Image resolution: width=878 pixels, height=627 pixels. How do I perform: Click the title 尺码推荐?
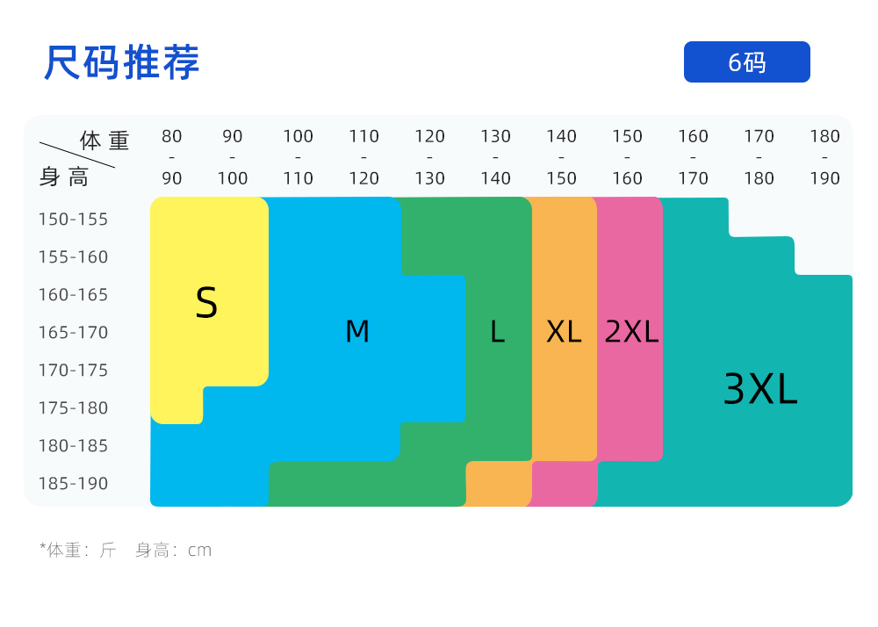122,62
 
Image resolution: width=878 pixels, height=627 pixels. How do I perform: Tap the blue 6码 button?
746,62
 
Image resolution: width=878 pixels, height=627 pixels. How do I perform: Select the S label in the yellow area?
206,303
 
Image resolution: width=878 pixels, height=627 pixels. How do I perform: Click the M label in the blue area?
357,332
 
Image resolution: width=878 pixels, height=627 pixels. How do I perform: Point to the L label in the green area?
497,332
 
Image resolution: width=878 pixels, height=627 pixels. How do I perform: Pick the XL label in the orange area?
564,332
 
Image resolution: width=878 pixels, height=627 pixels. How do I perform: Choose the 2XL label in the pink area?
631,332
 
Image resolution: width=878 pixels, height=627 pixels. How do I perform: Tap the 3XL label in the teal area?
760,389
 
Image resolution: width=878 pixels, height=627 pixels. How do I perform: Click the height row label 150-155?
73,220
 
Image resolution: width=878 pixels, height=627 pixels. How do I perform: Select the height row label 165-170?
73,333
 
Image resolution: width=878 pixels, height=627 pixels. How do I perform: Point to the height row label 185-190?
73,484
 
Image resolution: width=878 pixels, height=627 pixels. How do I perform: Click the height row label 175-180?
73,408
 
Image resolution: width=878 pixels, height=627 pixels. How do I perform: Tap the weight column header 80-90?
172,157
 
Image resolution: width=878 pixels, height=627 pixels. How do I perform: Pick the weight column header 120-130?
430,157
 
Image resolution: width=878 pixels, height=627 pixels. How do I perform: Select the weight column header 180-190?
824,157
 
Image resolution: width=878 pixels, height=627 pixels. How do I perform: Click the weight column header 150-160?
627,157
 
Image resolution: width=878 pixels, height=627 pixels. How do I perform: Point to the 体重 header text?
104,140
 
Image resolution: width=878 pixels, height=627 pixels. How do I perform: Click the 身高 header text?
64,177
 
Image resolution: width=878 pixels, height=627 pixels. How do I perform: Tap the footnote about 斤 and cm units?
126,551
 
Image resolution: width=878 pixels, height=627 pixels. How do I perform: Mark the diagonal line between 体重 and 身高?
77,155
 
